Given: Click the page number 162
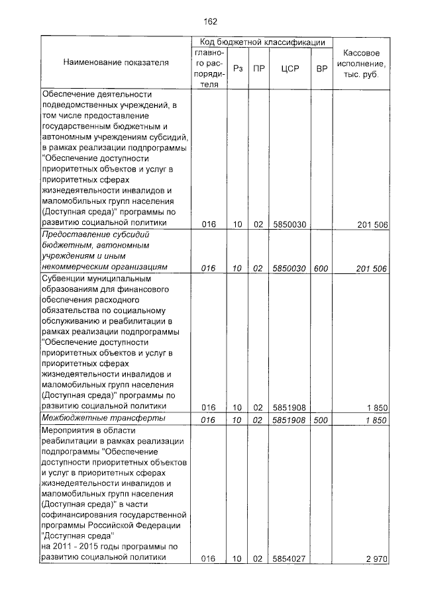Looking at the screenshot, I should [211, 21].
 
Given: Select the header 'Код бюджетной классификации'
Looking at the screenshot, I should [262, 42].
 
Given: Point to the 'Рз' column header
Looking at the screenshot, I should [238, 67].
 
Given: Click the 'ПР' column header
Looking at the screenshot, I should [259, 67].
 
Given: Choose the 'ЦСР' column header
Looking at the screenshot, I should [288, 67].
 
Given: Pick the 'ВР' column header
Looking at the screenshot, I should [321, 67].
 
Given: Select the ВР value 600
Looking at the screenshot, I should [321, 267].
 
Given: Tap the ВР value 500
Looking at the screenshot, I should [321, 420].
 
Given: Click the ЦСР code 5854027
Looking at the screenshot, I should [288, 559].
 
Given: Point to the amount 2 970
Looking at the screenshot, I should [376, 559].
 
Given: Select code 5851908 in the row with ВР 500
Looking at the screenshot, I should [288, 420].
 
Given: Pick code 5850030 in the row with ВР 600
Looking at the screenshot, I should [288, 267].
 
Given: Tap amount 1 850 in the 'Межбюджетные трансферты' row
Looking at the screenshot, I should [376, 420].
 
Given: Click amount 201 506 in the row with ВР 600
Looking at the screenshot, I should [371, 267].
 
